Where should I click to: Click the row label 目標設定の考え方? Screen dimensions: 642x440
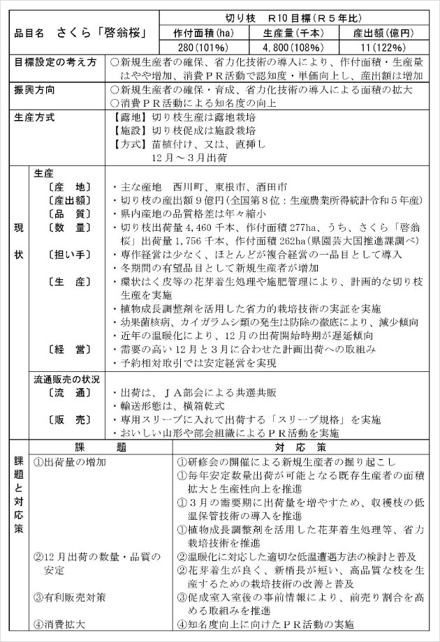pyautogui.click(x=56, y=62)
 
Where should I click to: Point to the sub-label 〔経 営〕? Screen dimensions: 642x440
pyautogui.click(x=69, y=349)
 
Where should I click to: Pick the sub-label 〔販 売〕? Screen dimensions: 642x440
pyautogui.click(x=69, y=419)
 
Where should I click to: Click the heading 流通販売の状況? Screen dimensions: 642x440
pyautogui.click(x=67, y=380)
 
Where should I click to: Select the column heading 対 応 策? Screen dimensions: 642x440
pyautogui.click(x=301, y=446)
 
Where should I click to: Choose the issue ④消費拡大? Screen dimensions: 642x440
pyautogui.click(x=60, y=625)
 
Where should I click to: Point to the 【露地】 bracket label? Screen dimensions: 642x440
pyautogui.click(x=128, y=117)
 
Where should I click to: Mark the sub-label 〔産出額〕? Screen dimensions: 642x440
pyautogui.click(x=69, y=200)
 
